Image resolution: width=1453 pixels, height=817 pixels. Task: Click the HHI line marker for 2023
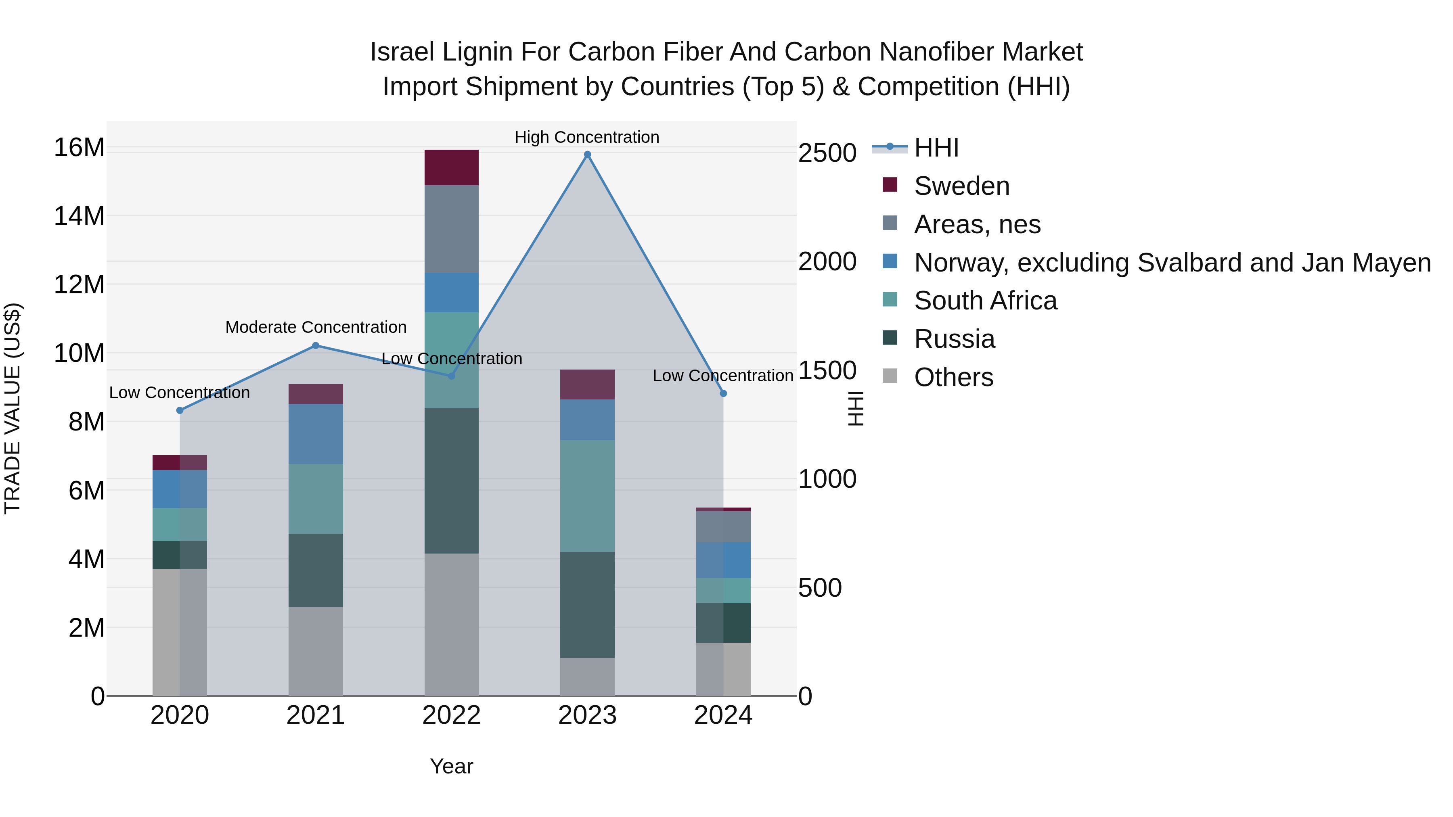pos(587,155)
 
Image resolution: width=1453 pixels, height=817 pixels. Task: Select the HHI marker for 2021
pos(315,346)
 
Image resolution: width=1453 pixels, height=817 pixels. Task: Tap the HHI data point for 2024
pos(723,393)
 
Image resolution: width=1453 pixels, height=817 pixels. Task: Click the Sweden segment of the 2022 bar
pos(451,167)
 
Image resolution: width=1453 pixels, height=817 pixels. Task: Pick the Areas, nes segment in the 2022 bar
pos(451,229)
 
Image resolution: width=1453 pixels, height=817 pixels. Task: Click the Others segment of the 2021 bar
pos(315,651)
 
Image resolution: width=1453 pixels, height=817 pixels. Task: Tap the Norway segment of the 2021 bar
pos(315,434)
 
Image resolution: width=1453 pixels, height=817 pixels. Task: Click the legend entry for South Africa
pos(985,301)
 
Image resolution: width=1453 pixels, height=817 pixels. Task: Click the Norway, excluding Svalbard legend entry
pos(1172,263)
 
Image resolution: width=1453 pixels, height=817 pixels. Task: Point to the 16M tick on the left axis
pos(79,148)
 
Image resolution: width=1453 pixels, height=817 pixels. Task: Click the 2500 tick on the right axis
pos(827,153)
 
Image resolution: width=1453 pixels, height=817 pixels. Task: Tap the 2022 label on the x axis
pos(451,715)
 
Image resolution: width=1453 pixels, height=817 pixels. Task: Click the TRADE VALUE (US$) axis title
pos(13,408)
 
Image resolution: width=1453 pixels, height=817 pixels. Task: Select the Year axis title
pos(451,766)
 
